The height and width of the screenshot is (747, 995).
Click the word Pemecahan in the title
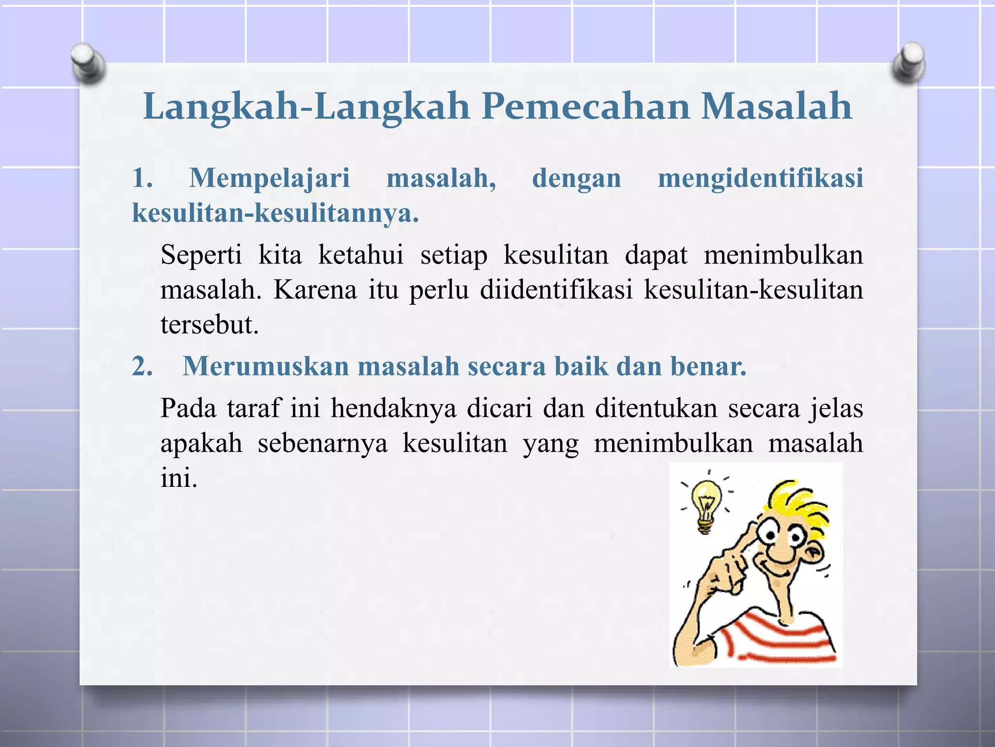[x=586, y=107]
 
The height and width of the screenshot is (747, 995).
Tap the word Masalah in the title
[x=776, y=107]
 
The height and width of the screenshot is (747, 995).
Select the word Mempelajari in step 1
[x=269, y=178]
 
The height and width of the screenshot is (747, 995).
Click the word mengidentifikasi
[x=760, y=178]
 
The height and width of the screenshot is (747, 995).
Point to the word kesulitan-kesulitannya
[x=275, y=213]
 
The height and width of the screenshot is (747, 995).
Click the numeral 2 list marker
[x=142, y=366]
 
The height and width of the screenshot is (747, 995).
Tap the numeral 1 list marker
[x=142, y=178]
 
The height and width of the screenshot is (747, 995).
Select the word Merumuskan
[x=265, y=366]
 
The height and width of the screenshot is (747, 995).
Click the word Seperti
[x=201, y=255]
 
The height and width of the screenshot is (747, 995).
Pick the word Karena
[x=315, y=290]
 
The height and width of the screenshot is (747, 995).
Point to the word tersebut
[x=209, y=325]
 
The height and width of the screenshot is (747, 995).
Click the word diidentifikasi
[x=556, y=290]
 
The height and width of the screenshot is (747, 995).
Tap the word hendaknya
[x=394, y=408]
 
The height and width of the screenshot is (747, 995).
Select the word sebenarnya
[x=323, y=443]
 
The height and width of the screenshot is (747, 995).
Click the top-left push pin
[x=87, y=63]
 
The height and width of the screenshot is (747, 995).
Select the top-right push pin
[x=909, y=63]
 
